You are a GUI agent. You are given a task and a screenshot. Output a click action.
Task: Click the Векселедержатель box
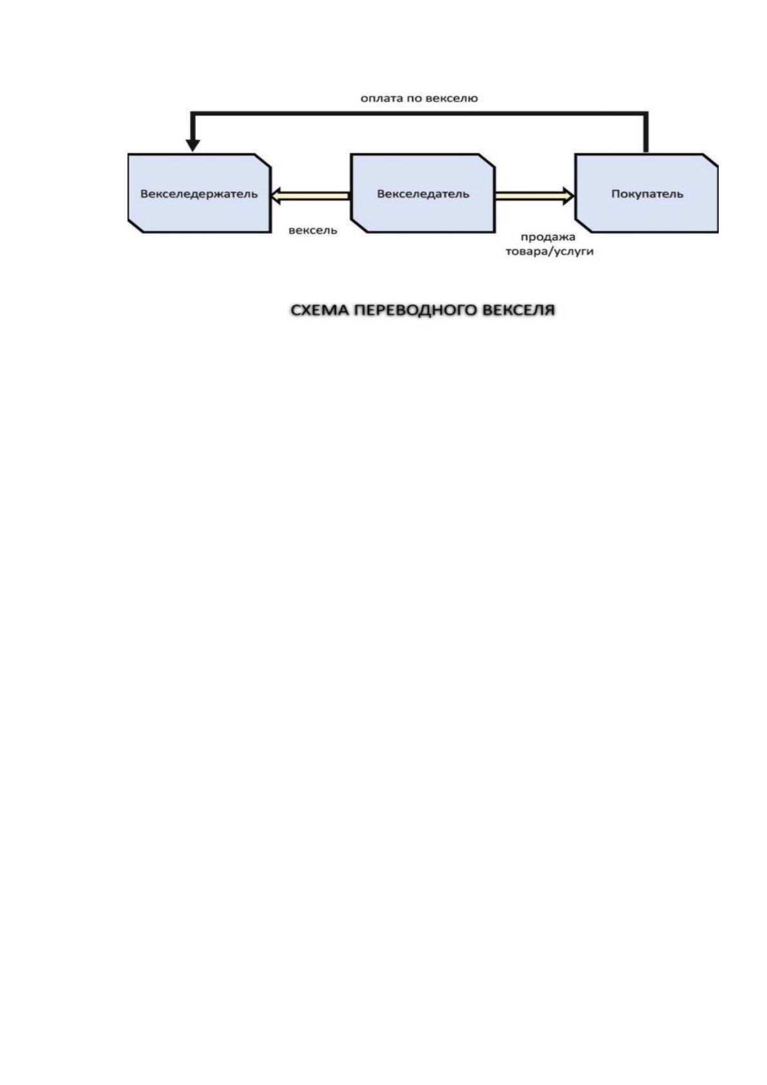coord(199,193)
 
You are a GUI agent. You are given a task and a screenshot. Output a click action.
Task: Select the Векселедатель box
coord(422,193)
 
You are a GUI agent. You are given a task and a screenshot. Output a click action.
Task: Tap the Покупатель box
coord(647,193)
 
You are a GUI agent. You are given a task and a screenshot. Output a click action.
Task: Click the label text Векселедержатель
coord(199,194)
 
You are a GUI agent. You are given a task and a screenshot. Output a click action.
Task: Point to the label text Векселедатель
coord(423,194)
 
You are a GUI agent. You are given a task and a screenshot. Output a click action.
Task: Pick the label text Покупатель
coord(647,194)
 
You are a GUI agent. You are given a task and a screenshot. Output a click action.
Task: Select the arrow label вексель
coord(313,231)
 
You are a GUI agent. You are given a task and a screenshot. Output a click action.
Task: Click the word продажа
coord(548,237)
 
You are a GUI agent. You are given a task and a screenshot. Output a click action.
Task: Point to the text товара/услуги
coord(549,252)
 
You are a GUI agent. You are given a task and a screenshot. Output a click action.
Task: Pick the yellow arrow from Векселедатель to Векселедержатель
coord(310,196)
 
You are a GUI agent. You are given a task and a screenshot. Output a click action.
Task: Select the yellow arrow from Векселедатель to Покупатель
coord(535,196)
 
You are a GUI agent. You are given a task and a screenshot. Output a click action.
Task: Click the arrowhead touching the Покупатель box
coord(569,196)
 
